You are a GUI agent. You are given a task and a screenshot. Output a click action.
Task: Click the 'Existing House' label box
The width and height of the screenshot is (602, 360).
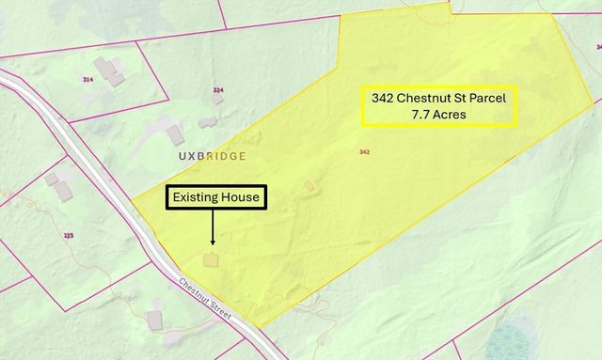point(216,197)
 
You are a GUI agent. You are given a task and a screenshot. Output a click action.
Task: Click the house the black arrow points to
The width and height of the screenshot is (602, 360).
point(212,258)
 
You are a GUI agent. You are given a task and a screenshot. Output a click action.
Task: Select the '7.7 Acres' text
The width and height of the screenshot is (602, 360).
point(440,115)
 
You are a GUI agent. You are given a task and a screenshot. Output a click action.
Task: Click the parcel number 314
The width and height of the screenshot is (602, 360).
point(88,80)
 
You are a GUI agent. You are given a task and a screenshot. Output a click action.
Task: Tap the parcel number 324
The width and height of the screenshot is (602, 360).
point(218,90)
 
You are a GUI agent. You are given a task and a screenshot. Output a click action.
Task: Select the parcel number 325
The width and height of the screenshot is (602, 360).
point(68,235)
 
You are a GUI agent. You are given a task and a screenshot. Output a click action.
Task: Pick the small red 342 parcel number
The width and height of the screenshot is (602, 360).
point(364,151)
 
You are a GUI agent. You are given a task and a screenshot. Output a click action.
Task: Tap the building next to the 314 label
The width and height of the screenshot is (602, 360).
point(112,72)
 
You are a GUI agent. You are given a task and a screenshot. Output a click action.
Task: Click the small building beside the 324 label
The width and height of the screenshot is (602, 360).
point(218,100)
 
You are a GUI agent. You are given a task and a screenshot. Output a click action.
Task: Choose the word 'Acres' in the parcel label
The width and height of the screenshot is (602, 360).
point(451,115)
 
